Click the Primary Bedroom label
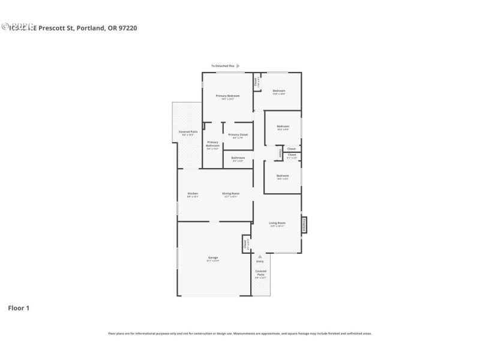(x=228, y=96)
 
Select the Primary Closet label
(x=238, y=134)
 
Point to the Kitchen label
(x=193, y=193)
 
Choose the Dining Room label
(x=231, y=193)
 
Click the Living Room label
(x=277, y=223)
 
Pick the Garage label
(x=213, y=257)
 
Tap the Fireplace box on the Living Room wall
(x=304, y=224)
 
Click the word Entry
(x=260, y=262)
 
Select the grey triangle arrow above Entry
(x=260, y=256)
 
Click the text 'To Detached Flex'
(x=223, y=66)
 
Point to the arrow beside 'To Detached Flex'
(x=238, y=66)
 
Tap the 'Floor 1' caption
(x=19, y=308)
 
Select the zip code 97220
(x=128, y=28)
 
